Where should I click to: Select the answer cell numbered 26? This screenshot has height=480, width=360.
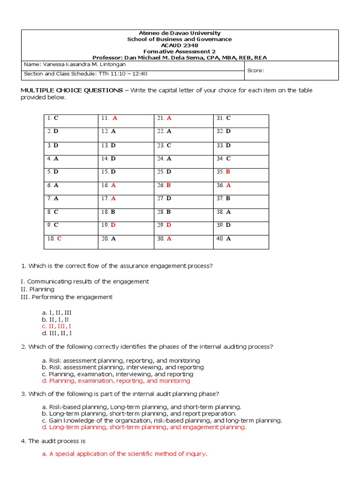pyautogui.click(x=183, y=185)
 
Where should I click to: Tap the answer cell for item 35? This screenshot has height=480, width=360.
pyautogui.click(x=240, y=172)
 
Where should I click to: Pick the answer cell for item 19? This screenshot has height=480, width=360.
pyautogui.click(x=126, y=225)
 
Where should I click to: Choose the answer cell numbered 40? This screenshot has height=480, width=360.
pyautogui.click(x=240, y=239)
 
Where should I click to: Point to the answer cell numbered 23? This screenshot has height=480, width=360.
pyautogui.click(x=183, y=145)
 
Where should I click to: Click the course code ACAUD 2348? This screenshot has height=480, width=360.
pyautogui.click(x=180, y=45)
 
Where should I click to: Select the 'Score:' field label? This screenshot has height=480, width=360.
pyautogui.click(x=256, y=71)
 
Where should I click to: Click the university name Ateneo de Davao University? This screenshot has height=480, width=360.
pyautogui.click(x=180, y=33)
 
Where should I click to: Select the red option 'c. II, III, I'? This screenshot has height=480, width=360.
pyautogui.click(x=56, y=326)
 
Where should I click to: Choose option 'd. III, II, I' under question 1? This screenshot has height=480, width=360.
pyautogui.click(x=57, y=333)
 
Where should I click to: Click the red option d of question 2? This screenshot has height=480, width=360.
pyautogui.click(x=116, y=381)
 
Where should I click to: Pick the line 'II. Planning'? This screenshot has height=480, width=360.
pyautogui.click(x=37, y=289)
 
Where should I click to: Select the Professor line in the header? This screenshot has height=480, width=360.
pyautogui.click(x=180, y=58)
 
